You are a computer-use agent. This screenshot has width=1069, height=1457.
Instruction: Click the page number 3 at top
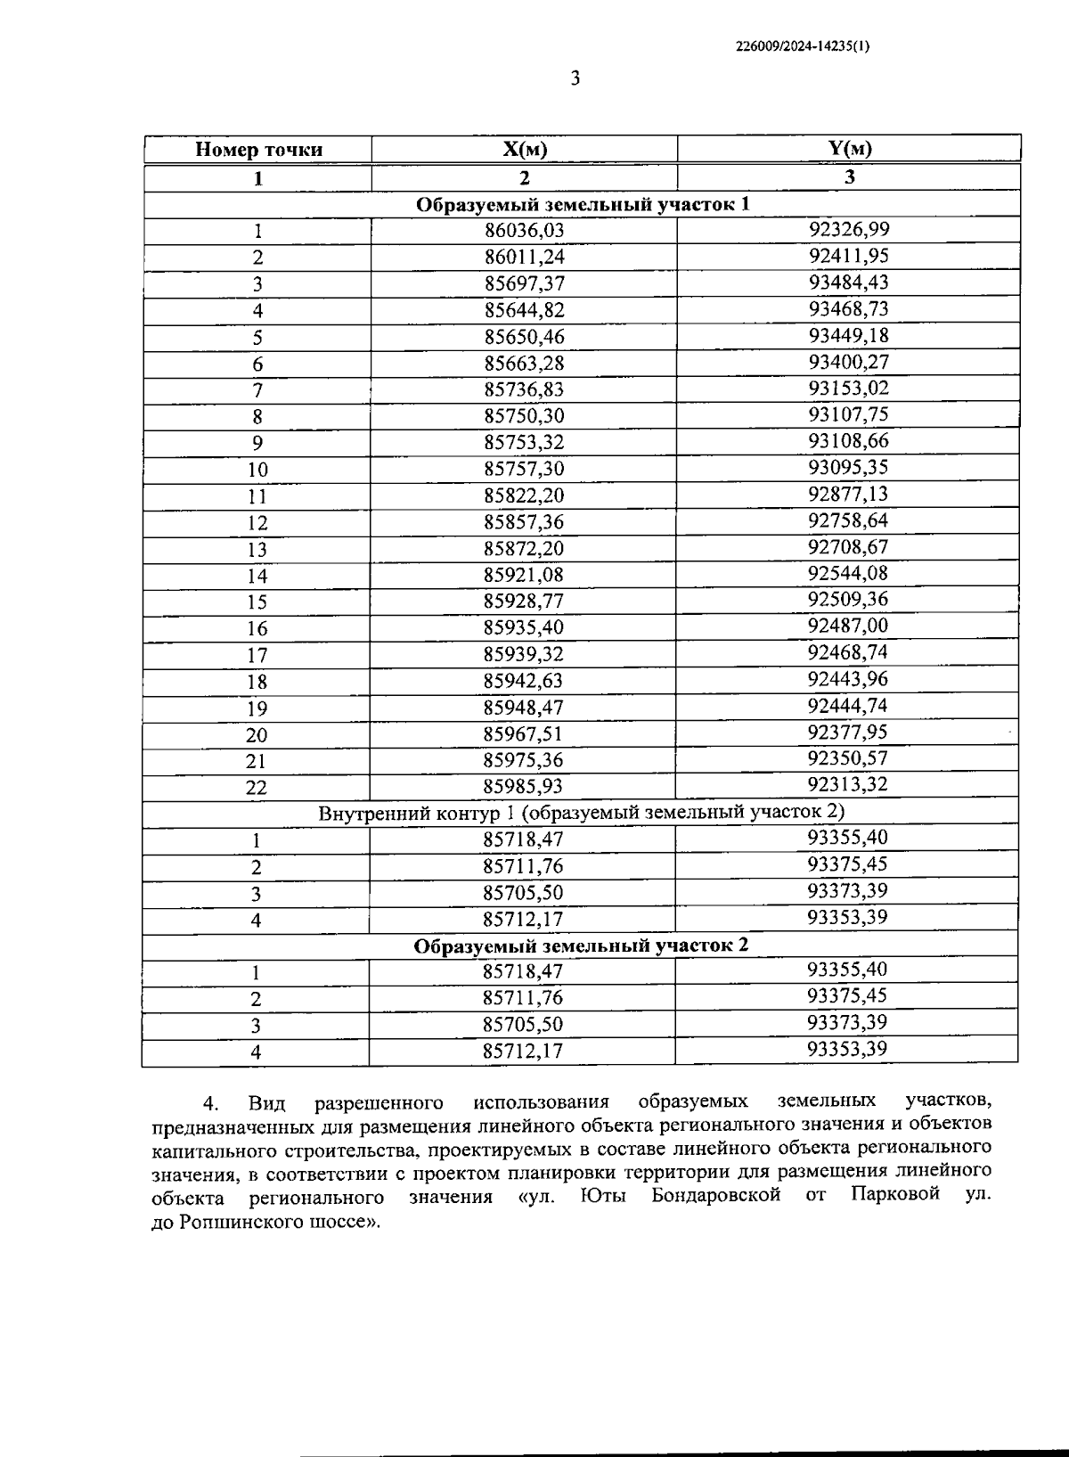pos(575,79)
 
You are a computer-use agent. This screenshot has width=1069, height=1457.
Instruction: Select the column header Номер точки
pos(258,150)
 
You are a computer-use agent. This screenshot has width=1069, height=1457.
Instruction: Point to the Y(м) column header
pos(849,149)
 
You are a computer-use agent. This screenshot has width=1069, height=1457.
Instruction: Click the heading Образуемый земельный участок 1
pos(583,204)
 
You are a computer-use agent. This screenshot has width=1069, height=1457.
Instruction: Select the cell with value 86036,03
pos(525,231)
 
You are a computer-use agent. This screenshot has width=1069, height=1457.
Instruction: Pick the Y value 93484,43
pos(848,282)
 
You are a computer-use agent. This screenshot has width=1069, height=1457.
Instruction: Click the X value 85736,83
pos(524,389)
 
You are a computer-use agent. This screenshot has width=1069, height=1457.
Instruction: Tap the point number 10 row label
pos(257,470)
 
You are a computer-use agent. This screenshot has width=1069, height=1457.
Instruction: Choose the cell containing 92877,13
pos(848,494)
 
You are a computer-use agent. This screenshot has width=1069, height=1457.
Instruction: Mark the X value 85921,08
pos(524,575)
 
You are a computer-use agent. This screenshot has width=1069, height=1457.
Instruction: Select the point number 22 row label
pos(257,788)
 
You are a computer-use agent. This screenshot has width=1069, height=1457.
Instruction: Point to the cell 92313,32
pos(847,784)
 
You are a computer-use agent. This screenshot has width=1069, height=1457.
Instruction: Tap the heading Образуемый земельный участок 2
pos(581,945)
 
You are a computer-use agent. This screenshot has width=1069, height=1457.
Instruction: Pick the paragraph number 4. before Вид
pos(210,1104)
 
